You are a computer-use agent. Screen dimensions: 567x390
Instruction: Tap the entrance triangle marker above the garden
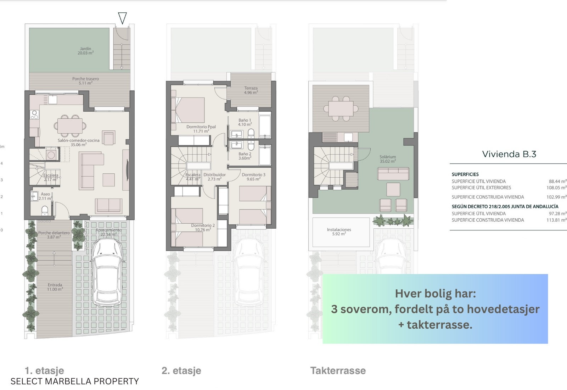122,18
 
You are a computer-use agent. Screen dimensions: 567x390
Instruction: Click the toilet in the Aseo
45,210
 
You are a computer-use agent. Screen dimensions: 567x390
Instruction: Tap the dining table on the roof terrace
341,108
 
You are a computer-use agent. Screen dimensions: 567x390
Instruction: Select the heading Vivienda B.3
509,154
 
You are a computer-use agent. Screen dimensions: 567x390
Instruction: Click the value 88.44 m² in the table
558,181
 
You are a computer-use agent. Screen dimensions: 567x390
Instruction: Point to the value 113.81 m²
556,220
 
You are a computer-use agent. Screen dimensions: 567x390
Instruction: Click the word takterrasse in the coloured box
439,325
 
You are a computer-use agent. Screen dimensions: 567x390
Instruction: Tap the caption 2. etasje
181,371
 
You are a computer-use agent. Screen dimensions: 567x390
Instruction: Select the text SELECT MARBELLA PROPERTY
75,381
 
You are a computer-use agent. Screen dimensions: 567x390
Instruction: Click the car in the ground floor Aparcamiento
107,272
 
